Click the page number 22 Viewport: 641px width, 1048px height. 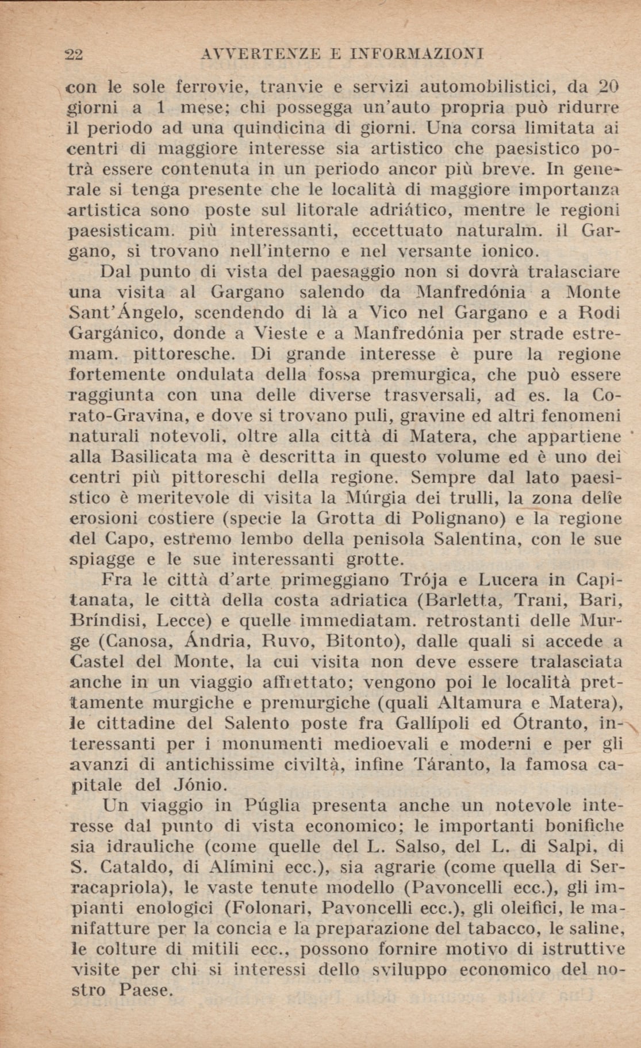click(x=75, y=55)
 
